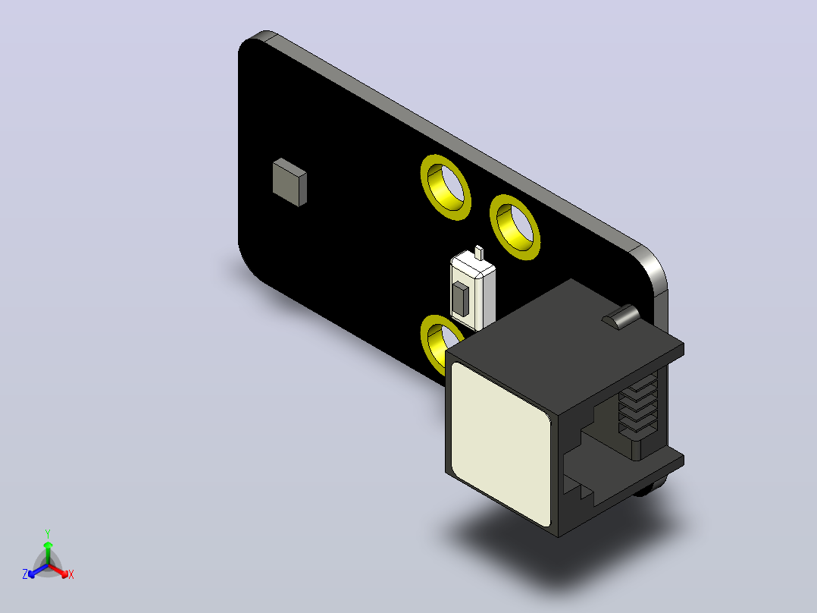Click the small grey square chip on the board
(x=290, y=182)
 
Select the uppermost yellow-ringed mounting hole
(x=446, y=187)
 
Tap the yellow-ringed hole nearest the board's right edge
(x=515, y=227)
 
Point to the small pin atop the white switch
(x=479, y=253)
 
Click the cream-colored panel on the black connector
(x=501, y=444)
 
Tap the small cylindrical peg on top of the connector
(x=621, y=316)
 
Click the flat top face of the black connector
(x=565, y=345)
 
